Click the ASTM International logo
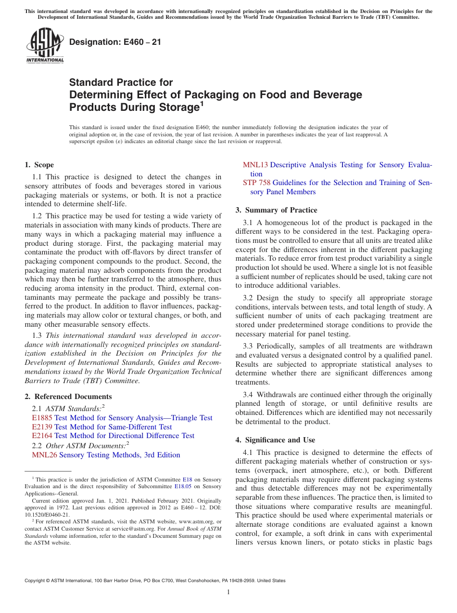[x=44, y=45]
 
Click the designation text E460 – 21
[x=115, y=42]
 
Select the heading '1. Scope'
[x=39, y=165]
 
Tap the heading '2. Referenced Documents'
[x=68, y=397]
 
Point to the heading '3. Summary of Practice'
[x=276, y=210]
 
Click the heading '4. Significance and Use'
[x=275, y=440]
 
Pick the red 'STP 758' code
[x=256, y=183]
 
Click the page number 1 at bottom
[x=228, y=592]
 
